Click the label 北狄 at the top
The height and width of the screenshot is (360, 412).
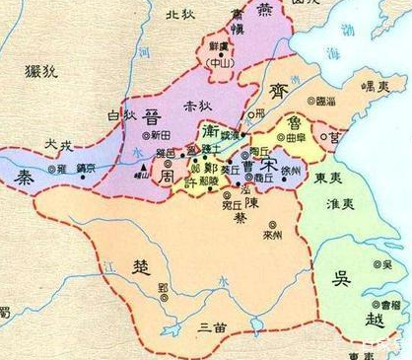[x=180, y=16]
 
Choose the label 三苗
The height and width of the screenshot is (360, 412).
[x=212, y=326]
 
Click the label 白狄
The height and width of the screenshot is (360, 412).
[x=119, y=116]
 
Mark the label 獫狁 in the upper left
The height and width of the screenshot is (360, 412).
[x=41, y=72]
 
